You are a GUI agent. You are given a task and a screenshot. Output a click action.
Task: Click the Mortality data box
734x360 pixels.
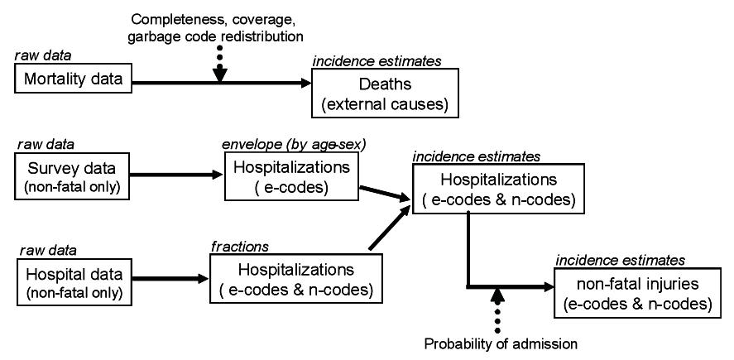(x=73, y=78)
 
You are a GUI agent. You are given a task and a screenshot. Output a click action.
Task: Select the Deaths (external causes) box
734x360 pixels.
(x=385, y=94)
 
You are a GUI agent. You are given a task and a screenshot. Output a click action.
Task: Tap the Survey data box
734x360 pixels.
(x=73, y=175)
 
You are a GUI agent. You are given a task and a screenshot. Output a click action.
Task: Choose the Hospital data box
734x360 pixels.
(x=74, y=281)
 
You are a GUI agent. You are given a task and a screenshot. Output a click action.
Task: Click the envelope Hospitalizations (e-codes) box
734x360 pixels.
(x=291, y=176)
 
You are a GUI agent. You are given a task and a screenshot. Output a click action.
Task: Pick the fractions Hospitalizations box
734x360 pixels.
(x=296, y=279)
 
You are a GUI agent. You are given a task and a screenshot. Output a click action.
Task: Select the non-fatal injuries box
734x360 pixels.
(x=637, y=293)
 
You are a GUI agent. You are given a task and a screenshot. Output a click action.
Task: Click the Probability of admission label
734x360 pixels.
(x=501, y=344)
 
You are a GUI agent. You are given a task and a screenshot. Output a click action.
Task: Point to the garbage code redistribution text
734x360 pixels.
(x=216, y=36)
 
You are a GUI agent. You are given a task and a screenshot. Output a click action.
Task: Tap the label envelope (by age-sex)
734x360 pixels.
(x=293, y=145)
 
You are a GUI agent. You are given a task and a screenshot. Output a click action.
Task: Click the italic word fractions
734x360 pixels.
(x=240, y=247)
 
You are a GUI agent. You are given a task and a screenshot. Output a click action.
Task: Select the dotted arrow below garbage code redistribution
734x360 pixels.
(x=219, y=64)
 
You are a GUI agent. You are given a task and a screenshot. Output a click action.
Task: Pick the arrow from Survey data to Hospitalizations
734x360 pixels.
(x=176, y=175)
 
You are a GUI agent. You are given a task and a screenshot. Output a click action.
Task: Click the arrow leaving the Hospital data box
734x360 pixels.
(x=170, y=279)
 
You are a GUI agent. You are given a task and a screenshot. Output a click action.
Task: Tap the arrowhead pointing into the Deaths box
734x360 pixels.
(x=306, y=83)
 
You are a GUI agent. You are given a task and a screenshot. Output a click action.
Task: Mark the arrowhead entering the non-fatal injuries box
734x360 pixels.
(x=549, y=287)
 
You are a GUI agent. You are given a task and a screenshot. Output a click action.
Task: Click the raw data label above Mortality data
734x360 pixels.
(x=43, y=55)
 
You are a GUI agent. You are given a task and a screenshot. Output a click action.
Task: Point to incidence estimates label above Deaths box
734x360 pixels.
(x=377, y=61)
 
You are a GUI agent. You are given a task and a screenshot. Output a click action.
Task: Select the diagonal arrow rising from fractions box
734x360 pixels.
(x=390, y=228)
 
